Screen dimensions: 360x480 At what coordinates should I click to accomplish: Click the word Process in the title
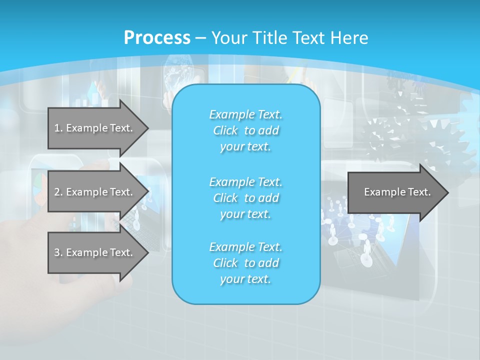coord(157,37)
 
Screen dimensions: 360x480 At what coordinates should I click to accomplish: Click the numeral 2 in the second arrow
coord(57,192)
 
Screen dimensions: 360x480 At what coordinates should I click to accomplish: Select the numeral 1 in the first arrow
coord(57,128)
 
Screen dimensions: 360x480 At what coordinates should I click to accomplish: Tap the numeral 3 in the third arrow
coord(57,252)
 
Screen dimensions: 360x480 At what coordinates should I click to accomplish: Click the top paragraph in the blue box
coord(245,130)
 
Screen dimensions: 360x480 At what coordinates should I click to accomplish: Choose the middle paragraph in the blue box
coord(245,197)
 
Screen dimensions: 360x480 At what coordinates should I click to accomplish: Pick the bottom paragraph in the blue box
coord(245,263)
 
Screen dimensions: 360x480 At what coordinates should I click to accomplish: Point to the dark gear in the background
coord(387,132)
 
